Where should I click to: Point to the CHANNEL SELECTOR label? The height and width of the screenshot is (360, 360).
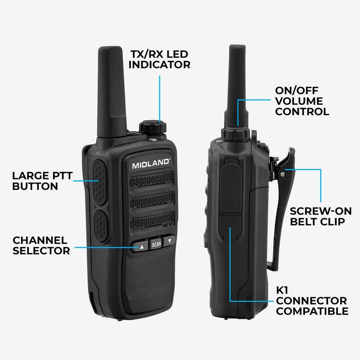coord(41,246)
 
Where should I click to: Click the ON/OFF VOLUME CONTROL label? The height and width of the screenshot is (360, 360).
coord(302,101)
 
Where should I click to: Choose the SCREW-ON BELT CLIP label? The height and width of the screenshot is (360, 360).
coord(317,216)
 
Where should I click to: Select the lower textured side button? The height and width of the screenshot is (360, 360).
coord(99,225)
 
